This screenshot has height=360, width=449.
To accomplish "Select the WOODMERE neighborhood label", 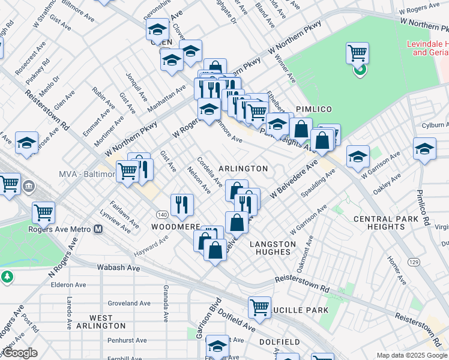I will point(175,227).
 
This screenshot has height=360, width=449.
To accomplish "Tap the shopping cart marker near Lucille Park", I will point(259,307).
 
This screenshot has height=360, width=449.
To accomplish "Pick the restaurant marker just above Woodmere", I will point(182,204).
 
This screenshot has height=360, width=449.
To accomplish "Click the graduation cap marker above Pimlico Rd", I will point(424,148).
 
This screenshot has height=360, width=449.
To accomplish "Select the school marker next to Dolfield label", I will point(217,346).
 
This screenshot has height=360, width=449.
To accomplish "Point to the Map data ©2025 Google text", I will point(412,355).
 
